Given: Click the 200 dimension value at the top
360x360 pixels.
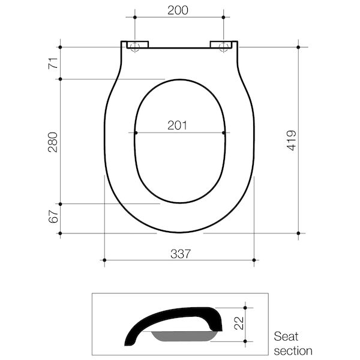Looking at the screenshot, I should point(178,10).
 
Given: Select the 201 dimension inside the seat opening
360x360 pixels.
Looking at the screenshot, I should point(178,125).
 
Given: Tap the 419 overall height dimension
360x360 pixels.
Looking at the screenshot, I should point(291,140).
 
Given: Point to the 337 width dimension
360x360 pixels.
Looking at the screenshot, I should point(179,253).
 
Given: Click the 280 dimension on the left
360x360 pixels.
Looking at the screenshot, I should point(53,142).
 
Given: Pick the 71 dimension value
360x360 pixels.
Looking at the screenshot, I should point(53,62).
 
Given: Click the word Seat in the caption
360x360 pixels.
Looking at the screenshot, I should point(286,337).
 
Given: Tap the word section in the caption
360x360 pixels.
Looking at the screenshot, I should point(293,350).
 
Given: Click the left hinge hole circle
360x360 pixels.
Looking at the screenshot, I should point(135,47).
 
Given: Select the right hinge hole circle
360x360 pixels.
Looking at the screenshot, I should point(224,47).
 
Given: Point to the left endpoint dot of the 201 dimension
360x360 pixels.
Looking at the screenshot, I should point(136,133).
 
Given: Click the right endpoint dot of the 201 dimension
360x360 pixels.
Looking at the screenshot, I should point(224,133).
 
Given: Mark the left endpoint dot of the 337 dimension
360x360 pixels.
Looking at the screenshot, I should point(104,260).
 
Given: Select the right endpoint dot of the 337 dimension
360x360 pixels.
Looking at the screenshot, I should point(254,260).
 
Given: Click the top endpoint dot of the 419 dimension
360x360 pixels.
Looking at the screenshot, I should point(298,47).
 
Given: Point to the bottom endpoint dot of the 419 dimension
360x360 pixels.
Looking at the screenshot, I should point(298,233).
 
